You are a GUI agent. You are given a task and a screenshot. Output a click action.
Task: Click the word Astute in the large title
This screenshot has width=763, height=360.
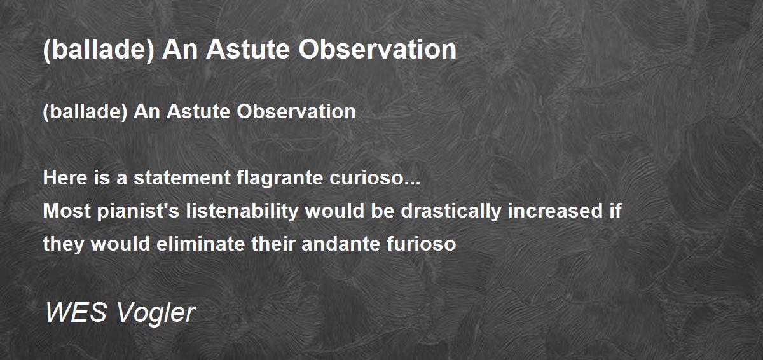tap(248, 50)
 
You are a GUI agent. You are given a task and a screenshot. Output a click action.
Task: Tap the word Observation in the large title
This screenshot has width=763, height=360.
tap(378, 50)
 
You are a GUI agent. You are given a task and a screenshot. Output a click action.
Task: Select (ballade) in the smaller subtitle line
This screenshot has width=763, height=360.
tap(85, 112)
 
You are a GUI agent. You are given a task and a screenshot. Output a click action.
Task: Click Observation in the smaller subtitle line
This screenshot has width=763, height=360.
tap(296, 112)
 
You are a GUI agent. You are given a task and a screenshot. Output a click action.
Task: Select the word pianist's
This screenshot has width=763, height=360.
tap(139, 211)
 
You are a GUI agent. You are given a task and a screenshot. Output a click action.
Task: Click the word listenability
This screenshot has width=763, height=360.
tap(242, 211)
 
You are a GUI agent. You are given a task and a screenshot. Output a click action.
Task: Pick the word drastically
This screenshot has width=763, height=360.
tap(451, 211)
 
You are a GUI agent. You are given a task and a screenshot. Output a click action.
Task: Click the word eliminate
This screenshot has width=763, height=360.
tap(201, 244)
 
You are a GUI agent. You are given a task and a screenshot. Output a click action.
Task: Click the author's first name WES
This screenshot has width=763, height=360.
tap(76, 312)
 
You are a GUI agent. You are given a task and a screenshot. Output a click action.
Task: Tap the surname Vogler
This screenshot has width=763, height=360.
tap(156, 314)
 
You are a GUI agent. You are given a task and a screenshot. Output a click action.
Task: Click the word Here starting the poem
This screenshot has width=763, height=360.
tap(65, 178)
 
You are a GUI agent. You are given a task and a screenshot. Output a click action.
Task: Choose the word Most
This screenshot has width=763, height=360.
tap(67, 211)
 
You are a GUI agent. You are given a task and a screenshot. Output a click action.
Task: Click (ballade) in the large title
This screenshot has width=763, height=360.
tap(99, 50)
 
